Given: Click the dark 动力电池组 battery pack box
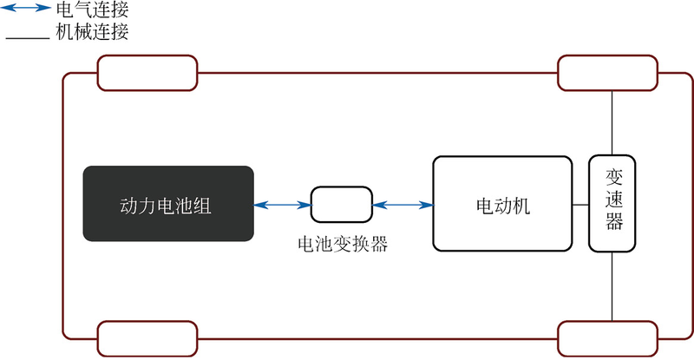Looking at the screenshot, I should pos(168,204).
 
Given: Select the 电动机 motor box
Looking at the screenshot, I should pos(502,205).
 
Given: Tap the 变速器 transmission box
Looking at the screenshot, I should pos(612,204).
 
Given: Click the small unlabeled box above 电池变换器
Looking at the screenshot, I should pos(341,205).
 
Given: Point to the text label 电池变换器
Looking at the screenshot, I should pos(342,244).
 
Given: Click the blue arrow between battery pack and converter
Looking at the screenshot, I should pos(283,205).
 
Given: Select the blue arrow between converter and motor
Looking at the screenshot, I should pos(402,205).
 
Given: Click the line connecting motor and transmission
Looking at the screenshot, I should pos(580,205).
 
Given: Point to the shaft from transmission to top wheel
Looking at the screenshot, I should pos(612,122).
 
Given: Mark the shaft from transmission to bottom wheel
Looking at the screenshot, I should pos(612,286).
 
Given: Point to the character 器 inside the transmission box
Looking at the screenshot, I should pos(612,224).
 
